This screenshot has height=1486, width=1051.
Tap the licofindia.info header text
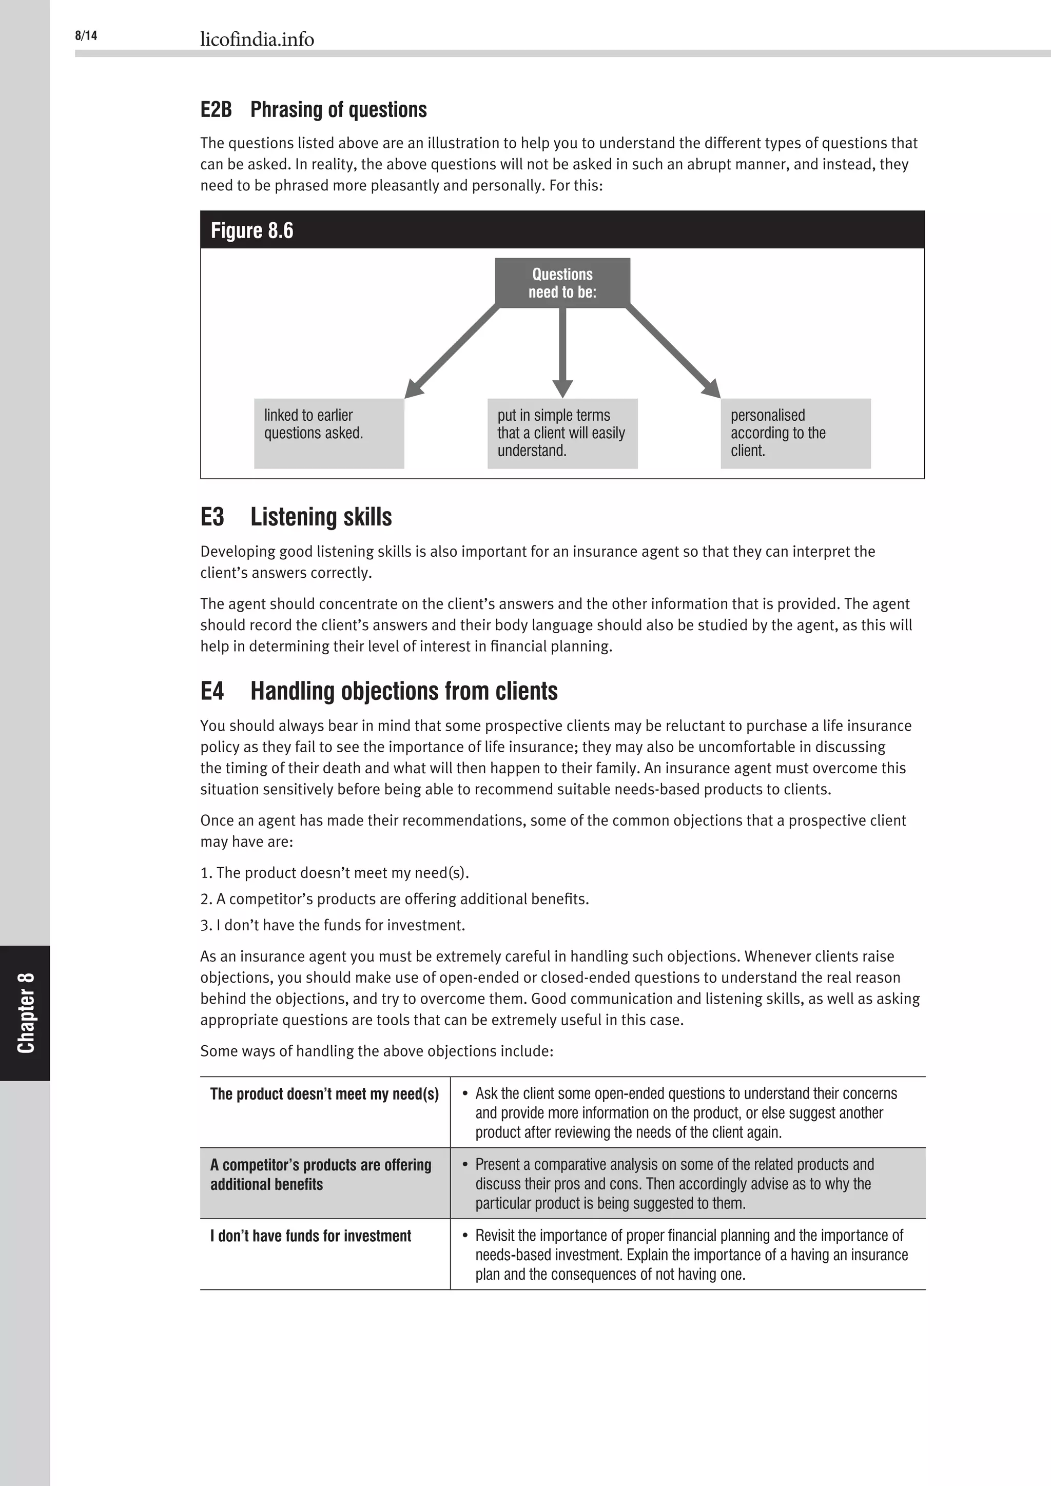(x=257, y=40)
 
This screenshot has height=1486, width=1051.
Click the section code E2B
(x=216, y=109)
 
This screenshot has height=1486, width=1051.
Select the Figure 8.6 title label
(x=252, y=230)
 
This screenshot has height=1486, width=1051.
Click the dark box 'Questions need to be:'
(x=562, y=283)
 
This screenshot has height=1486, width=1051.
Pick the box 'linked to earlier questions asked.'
(x=329, y=433)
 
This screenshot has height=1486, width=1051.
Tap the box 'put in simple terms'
(x=562, y=433)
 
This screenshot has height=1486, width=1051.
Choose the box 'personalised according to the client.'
(x=795, y=433)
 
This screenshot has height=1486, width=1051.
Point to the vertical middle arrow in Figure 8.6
(x=562, y=349)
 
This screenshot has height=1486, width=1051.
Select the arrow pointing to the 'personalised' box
(x=673, y=352)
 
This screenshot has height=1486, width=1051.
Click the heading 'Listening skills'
(x=321, y=517)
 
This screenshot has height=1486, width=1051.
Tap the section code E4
(x=212, y=691)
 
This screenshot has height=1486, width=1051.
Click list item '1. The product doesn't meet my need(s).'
(x=335, y=872)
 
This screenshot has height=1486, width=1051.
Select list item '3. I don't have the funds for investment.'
(x=333, y=925)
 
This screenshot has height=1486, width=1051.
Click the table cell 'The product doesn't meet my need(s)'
(x=324, y=1094)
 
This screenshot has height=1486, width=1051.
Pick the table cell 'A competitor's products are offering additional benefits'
(x=320, y=1174)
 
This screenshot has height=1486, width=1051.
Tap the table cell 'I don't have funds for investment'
(x=310, y=1236)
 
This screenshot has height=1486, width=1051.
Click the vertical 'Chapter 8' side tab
(x=25, y=1013)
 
